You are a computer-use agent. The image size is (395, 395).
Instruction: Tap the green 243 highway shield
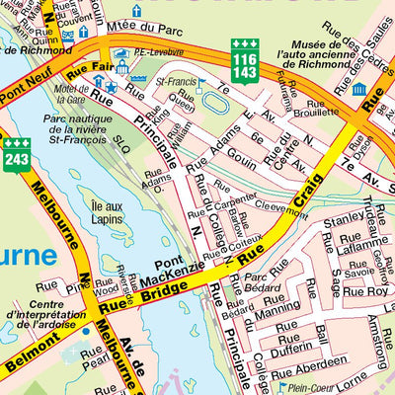17,154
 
